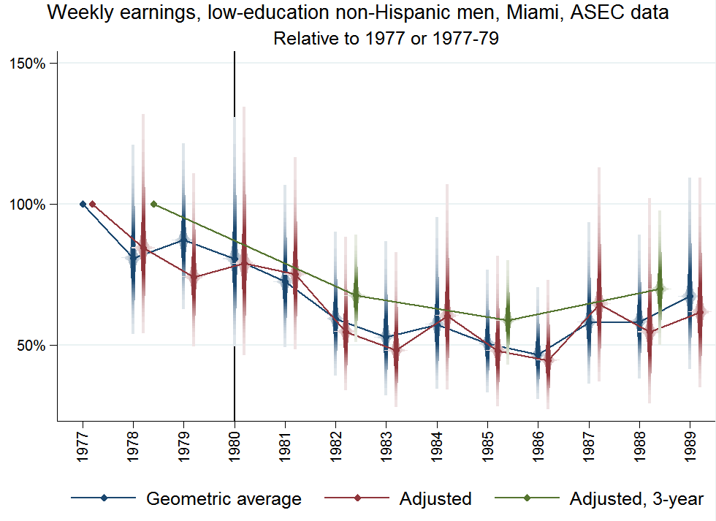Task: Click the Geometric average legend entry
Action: click(224, 499)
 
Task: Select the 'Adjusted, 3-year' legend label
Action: click(636, 499)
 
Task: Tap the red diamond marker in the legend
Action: click(358, 498)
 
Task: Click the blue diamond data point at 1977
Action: click(83, 204)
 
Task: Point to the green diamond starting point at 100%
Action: click(153, 204)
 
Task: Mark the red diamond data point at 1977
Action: click(92, 204)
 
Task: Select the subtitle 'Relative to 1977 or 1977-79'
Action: click(386, 39)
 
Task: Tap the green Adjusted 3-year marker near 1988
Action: click(660, 289)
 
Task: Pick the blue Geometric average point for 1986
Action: click(538, 354)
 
